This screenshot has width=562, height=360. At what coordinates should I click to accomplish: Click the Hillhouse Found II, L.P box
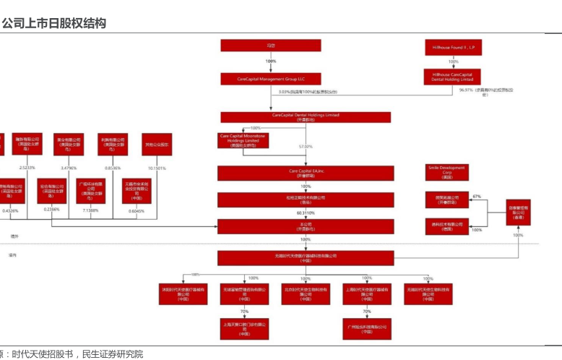pyautogui.click(x=453, y=48)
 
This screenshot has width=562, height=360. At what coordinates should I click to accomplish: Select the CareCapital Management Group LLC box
pyautogui.click(x=271, y=79)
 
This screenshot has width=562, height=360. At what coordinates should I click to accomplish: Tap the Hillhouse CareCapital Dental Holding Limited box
pyautogui.click(x=453, y=77)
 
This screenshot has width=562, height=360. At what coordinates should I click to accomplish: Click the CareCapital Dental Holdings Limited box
pyautogui.click(x=306, y=116)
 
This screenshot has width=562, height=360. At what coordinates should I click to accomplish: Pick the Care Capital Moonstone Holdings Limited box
pyautogui.click(x=243, y=140)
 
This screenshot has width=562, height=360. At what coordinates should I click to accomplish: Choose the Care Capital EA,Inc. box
pyautogui.click(x=306, y=173)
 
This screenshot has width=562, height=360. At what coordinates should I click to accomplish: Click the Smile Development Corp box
pyautogui.click(x=446, y=171)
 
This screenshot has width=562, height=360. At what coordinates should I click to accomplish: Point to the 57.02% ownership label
pyautogui.click(x=306, y=147)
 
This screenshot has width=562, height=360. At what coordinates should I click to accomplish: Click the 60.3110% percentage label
pyautogui.click(x=306, y=213)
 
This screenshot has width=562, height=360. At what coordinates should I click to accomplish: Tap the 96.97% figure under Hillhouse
pyautogui.click(x=466, y=90)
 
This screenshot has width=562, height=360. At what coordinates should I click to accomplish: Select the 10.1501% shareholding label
pyautogui.click(x=157, y=168)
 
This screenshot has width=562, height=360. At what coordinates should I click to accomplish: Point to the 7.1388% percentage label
pyautogui.click(x=91, y=210)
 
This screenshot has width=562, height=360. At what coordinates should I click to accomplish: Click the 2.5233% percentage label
pyautogui.click(x=27, y=168)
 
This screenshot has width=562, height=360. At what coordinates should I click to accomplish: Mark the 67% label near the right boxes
pyautogui.click(x=476, y=196)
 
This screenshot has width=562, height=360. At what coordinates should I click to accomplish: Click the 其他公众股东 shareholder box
pyautogui.click(x=157, y=144)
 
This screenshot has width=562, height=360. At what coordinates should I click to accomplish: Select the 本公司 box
pyautogui.click(x=306, y=226)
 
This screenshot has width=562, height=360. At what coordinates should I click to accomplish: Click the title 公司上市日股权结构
pyautogui.click(x=54, y=23)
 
